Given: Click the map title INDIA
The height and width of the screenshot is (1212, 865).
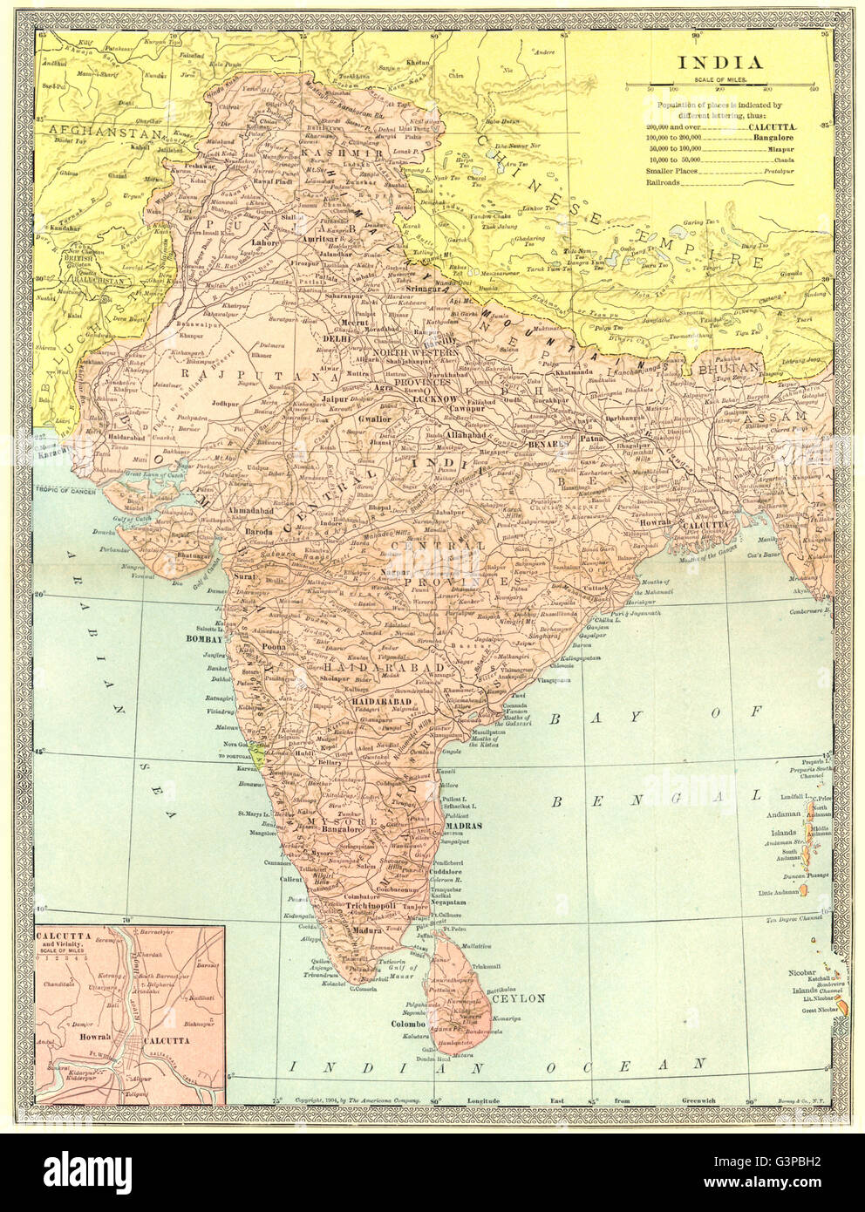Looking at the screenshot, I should [x=719, y=62].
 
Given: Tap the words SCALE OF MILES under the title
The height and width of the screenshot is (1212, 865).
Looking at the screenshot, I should [x=719, y=79].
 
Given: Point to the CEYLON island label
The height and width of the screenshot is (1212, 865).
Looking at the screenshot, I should [x=518, y=999].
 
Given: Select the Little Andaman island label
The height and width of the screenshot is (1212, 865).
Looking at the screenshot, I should [x=772, y=891].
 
